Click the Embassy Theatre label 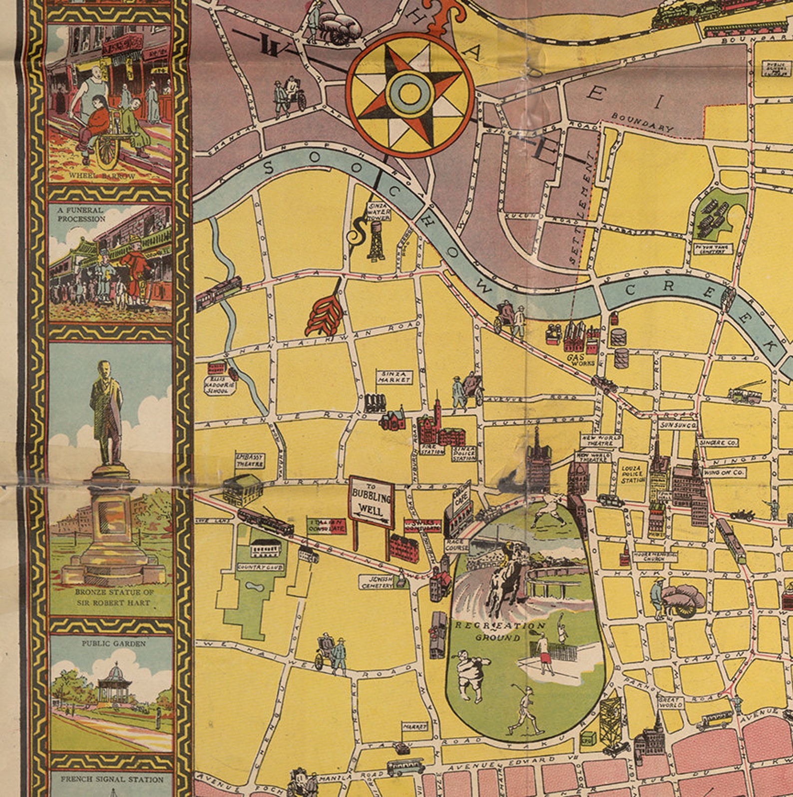[x=250, y=460]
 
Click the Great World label [x=670, y=702]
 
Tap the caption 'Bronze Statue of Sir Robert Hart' [x=114, y=597]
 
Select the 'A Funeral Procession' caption [x=81, y=214]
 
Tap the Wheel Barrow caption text [x=102, y=176]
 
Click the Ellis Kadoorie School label [x=220, y=385]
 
